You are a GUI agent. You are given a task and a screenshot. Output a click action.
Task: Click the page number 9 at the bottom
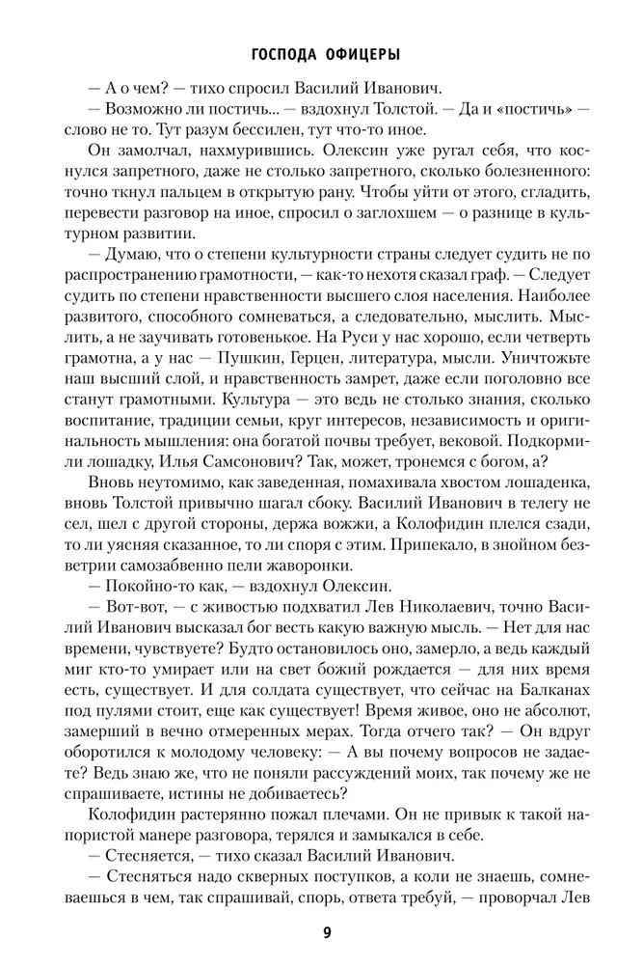click(x=321, y=932)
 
